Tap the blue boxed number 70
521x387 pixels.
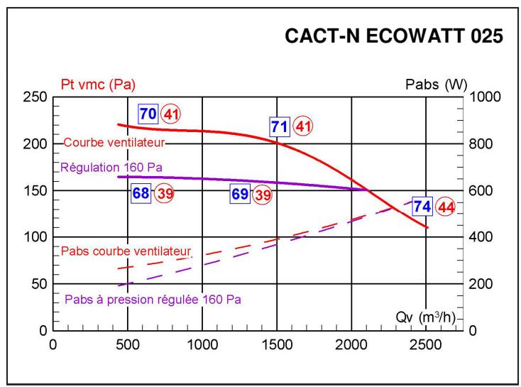click(148, 114)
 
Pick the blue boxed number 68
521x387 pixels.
click(141, 194)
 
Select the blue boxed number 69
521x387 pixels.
click(240, 194)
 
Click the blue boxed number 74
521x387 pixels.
click(423, 207)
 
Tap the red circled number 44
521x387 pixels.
click(446, 207)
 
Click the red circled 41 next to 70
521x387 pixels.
click(170, 114)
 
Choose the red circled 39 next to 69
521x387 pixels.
click(263, 194)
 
